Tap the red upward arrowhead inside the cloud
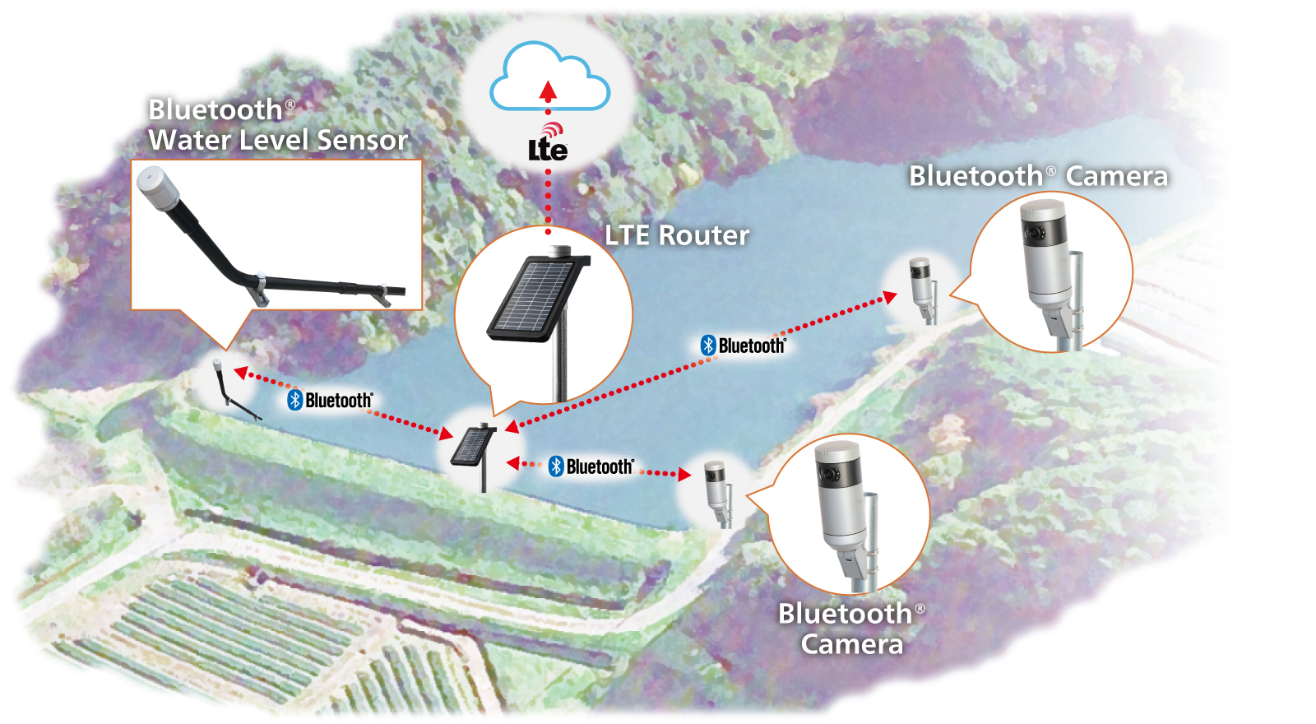tap(549, 90)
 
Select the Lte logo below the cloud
tap(548, 149)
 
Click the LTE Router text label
tap(677, 235)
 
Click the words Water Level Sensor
tap(278, 140)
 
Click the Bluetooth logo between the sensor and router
tap(330, 401)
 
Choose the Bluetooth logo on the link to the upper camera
tap(744, 346)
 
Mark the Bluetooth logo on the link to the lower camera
tap(591, 466)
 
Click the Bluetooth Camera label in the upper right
tap(1038, 176)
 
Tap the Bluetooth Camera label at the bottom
tap(851, 629)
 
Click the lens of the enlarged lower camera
tap(827, 474)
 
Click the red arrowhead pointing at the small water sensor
tap(242, 374)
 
